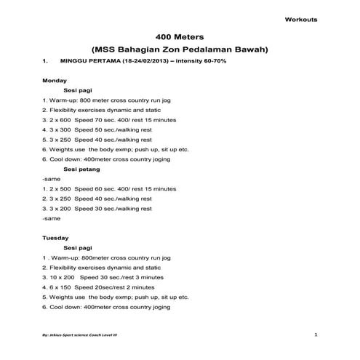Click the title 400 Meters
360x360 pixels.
pos(180,36)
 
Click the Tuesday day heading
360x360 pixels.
pos(56,237)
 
